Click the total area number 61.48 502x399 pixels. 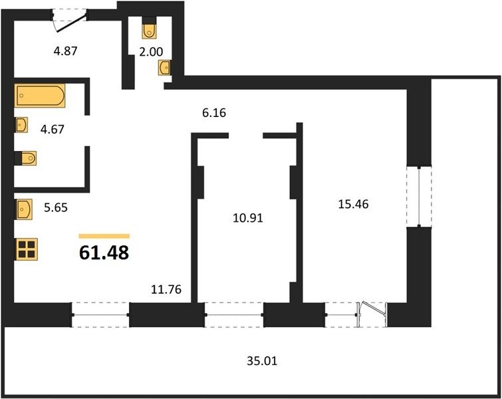pyautogui.click(x=104, y=253)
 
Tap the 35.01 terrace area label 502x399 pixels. pyautogui.click(x=262, y=361)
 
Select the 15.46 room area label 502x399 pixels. pyautogui.click(x=354, y=204)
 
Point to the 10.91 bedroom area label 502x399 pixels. pyautogui.click(x=248, y=218)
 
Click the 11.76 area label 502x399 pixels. pyautogui.click(x=166, y=289)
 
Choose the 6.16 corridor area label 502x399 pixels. pyautogui.click(x=214, y=113)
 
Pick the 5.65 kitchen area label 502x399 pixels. pyautogui.click(x=56, y=207)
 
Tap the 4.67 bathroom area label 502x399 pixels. pyautogui.click(x=52, y=130)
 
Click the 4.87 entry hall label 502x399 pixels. pyautogui.click(x=66, y=51)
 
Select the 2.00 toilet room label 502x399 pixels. pyautogui.click(x=151, y=52)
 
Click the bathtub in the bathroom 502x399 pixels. pyautogui.click(x=40, y=95)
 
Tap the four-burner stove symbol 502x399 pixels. pyautogui.click(x=26, y=249)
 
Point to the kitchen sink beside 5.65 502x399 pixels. pyautogui.click(x=23, y=209)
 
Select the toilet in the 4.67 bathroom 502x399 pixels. pyautogui.click(x=27, y=158)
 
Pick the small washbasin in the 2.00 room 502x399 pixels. pyautogui.click(x=164, y=68)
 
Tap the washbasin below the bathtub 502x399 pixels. pyautogui.click(x=21, y=125)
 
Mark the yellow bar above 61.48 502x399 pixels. pyautogui.click(x=104, y=236)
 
